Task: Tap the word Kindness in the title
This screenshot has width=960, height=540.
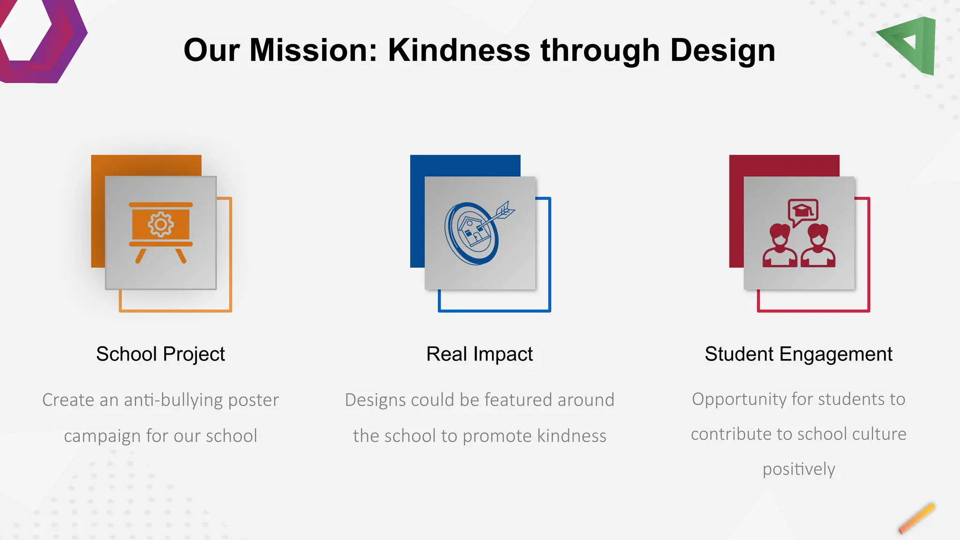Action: tap(459, 50)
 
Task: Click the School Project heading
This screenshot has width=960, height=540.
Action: tap(160, 354)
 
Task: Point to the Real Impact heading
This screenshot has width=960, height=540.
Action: tap(479, 354)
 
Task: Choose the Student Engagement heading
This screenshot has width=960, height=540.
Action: tap(798, 354)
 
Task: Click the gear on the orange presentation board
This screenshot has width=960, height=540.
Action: tap(161, 225)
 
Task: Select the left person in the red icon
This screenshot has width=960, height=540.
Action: tap(780, 246)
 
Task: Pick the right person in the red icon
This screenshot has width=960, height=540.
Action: tap(818, 246)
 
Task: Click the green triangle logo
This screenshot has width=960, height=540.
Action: tap(913, 45)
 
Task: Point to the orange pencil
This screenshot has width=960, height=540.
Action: tap(916, 518)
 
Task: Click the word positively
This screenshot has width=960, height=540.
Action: tap(799, 469)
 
